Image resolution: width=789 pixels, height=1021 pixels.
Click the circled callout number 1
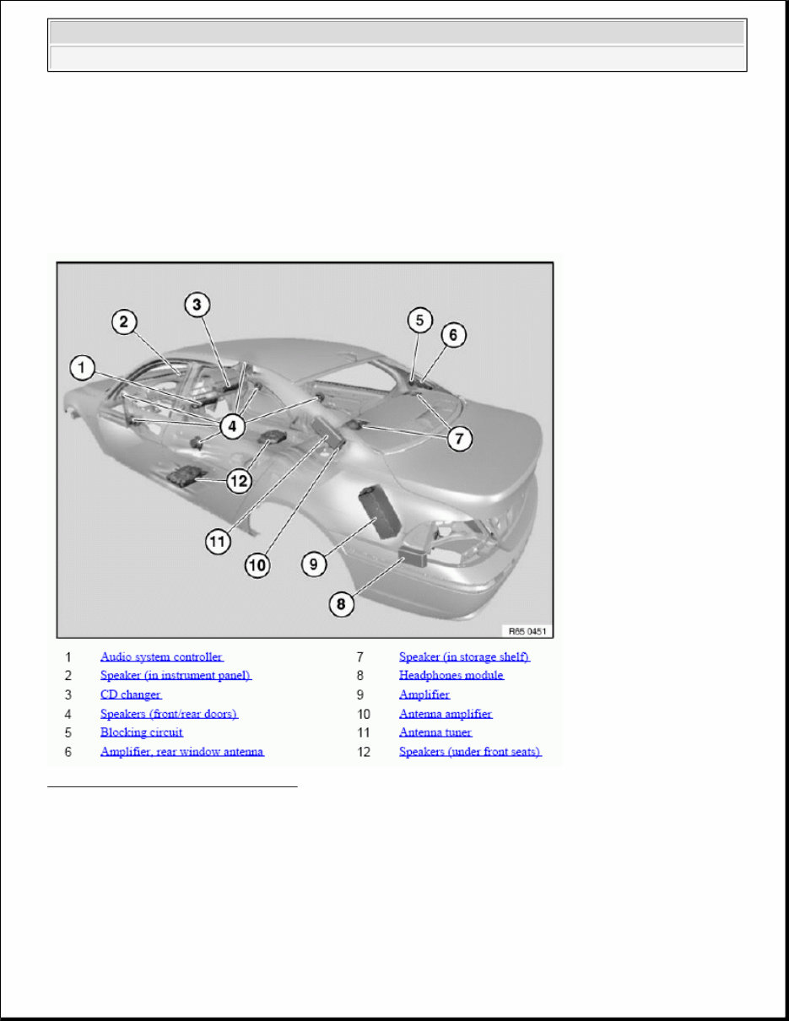pos(82,368)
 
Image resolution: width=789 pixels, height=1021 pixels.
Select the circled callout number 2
pos(123,321)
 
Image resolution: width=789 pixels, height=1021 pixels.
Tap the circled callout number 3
pos(196,305)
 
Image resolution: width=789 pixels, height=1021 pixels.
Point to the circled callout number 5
pos(419,321)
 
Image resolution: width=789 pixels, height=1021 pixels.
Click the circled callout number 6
pos(452,335)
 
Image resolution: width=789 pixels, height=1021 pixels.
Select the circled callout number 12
pos(240,481)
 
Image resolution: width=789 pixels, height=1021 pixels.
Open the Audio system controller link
pos(161,656)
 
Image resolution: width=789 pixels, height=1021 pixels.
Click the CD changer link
pos(130,694)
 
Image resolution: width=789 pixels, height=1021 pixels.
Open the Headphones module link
pos(451,675)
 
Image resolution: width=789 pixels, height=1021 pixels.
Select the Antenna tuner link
pos(435,732)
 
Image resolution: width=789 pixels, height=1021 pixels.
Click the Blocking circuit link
pos(141,732)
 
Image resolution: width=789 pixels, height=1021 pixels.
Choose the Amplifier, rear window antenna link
pos(181,752)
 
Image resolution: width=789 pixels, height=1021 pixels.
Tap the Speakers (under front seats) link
pos(469,752)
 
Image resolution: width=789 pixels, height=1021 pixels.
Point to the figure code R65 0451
pos(527,629)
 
